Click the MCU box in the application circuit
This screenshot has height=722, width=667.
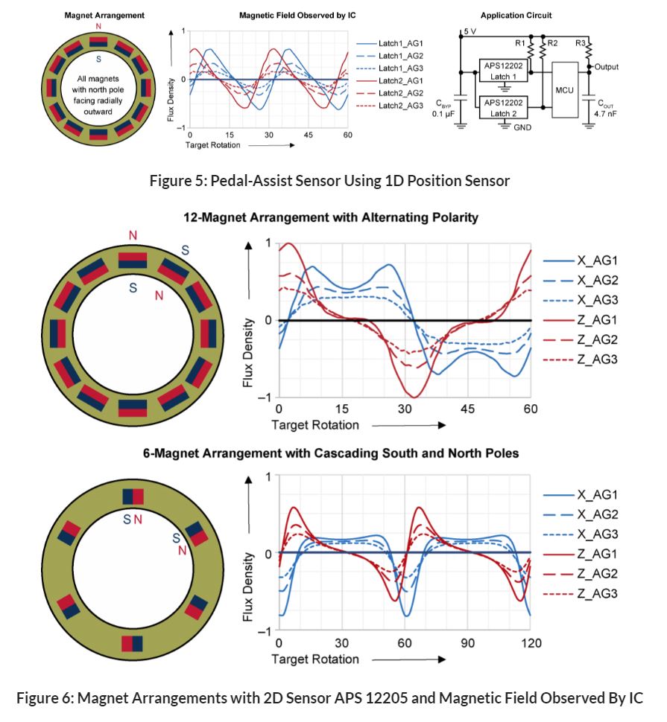[565, 90]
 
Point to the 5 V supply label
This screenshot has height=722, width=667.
[470, 32]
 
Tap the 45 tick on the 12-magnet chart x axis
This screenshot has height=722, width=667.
[469, 409]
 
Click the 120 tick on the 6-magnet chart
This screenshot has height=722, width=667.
[531, 643]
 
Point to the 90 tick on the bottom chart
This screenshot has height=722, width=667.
[468, 643]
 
